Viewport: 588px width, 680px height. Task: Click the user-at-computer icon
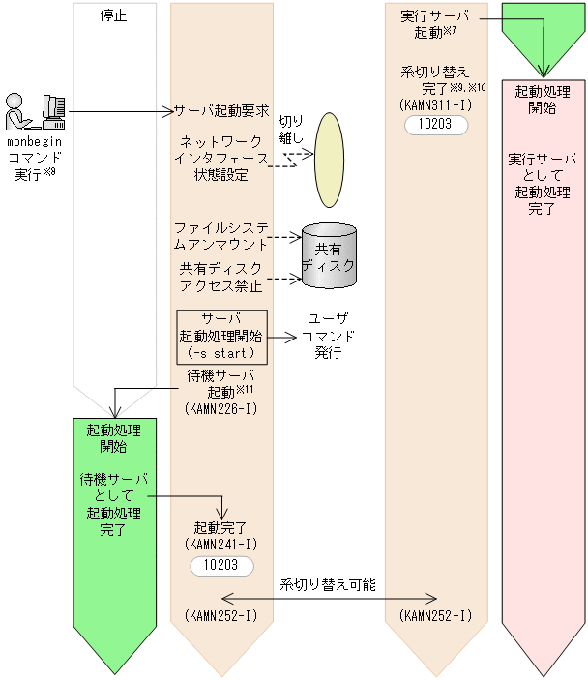point(35,112)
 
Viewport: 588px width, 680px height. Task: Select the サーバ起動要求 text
point(221,111)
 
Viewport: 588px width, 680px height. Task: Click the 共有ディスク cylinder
point(329,256)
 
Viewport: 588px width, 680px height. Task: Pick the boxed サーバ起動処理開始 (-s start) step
point(221,337)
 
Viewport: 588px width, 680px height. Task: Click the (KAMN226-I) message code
point(221,409)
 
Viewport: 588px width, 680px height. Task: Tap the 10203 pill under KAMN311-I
point(436,125)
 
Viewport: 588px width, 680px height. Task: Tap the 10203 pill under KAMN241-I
point(221,565)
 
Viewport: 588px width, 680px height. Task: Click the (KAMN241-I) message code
point(221,545)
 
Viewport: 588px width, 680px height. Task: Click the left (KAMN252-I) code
point(221,615)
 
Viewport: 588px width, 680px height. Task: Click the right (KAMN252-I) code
point(435,615)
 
